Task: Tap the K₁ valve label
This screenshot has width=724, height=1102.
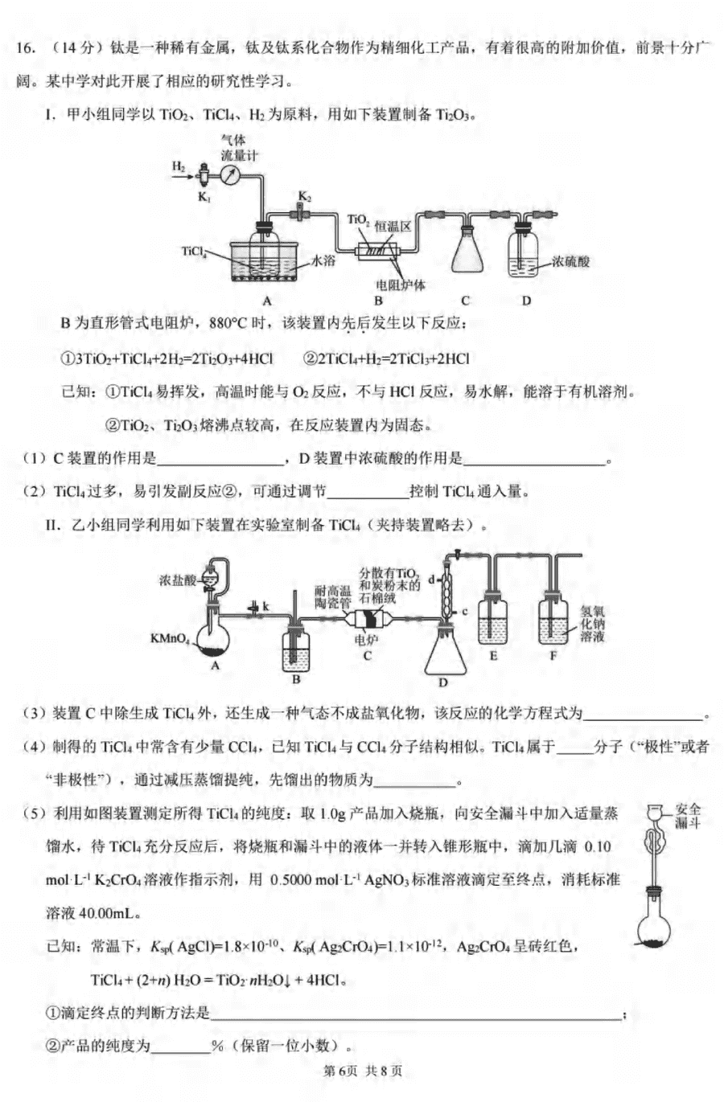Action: [204, 197]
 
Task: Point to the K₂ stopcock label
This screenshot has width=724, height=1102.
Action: [305, 197]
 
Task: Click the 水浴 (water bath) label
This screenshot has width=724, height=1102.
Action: [323, 260]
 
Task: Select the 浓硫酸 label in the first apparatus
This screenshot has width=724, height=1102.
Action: [570, 261]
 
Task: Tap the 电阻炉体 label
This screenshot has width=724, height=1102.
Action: [400, 285]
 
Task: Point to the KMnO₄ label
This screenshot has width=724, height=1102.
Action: [170, 639]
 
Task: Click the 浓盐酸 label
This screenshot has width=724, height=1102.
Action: [177, 580]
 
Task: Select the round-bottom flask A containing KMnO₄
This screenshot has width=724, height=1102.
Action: [213, 639]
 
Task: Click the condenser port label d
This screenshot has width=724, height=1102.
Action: [431, 580]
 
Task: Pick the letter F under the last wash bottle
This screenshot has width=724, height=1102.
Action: [553, 656]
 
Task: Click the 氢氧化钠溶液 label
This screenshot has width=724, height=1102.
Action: [592, 624]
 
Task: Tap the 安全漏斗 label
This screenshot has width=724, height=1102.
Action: [688, 816]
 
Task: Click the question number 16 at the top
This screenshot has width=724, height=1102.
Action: [25, 47]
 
